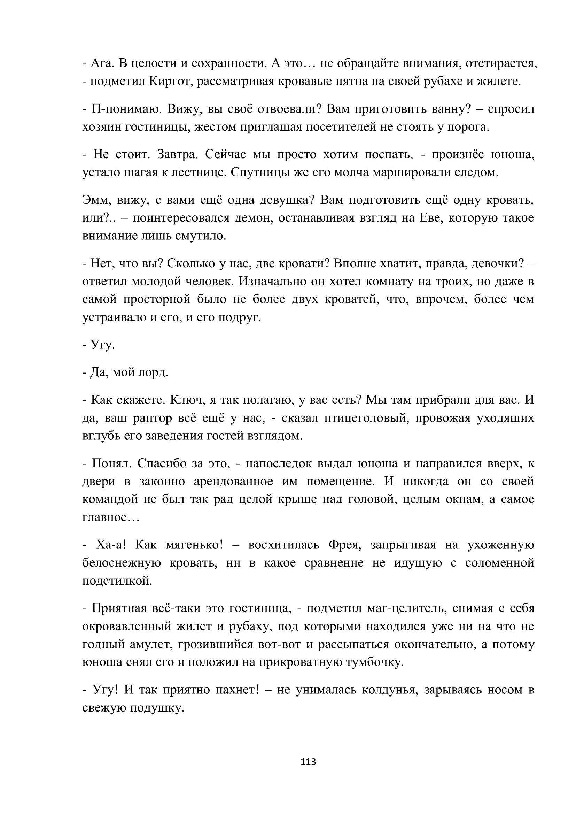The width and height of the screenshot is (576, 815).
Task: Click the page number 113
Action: pos(308,762)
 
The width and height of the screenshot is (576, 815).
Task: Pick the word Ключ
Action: pos(186,400)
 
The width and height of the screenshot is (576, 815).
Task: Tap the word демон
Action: pos(253,217)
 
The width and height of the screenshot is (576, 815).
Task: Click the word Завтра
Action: pos(176,154)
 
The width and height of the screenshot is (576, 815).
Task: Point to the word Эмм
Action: pos(94,200)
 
